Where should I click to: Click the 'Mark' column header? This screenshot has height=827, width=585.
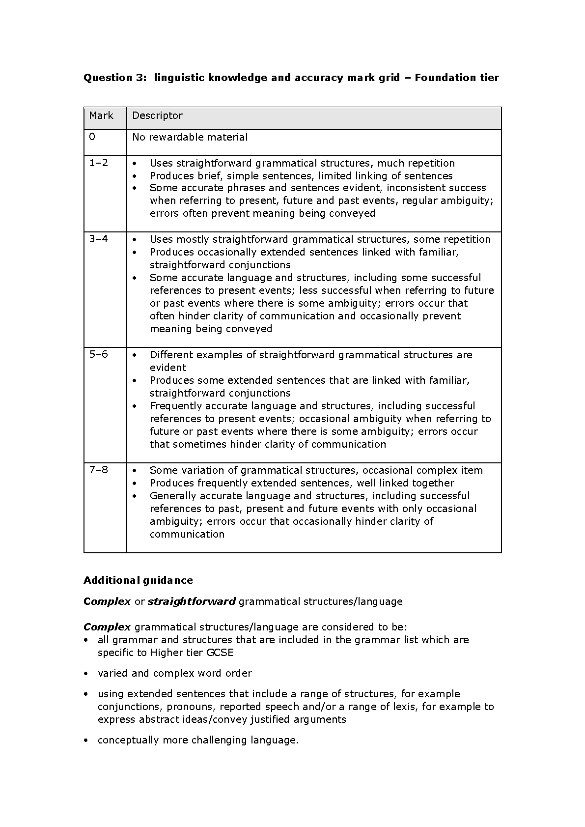point(101,116)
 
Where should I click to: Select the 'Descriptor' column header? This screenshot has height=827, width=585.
point(157,116)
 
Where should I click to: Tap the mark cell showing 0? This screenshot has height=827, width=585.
point(92,137)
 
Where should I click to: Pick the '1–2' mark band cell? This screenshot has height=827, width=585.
point(99,163)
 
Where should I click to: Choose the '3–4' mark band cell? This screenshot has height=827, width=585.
point(99,239)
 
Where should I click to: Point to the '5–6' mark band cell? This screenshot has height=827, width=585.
point(99,355)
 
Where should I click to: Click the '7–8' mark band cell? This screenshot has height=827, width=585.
point(99,470)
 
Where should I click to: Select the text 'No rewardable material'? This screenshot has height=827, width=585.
point(190,138)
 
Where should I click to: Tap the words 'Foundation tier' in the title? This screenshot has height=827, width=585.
point(457,78)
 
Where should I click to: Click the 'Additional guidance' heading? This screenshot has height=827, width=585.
point(138,580)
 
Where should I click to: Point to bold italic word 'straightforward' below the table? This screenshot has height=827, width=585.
point(192,601)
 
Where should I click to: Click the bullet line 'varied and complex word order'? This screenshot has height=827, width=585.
point(174,673)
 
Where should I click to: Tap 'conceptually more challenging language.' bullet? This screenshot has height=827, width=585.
point(198,740)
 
